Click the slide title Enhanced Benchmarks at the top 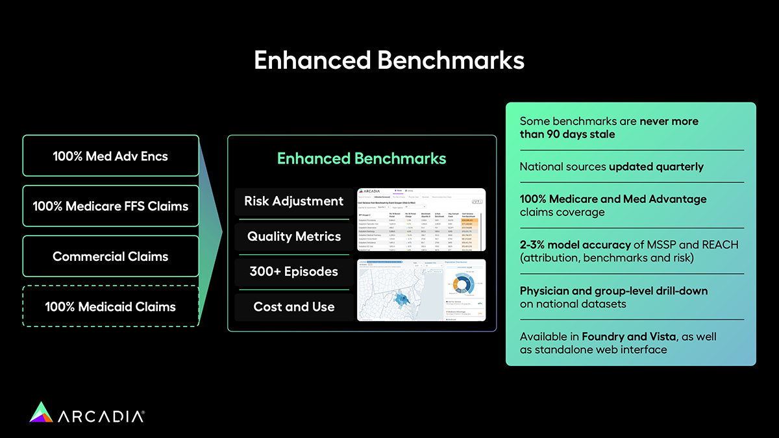tap(389, 60)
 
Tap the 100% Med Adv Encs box tap(110, 156)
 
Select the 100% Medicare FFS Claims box tap(110, 206)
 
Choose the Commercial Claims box tap(110, 256)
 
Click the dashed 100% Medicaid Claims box tap(110, 306)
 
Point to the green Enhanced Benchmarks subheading tap(362, 159)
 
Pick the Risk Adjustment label tap(293, 201)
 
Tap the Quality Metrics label tap(293, 237)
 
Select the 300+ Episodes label tap(293, 272)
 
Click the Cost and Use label tap(293, 307)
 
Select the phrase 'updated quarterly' tap(656, 167)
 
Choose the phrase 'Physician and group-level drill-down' tap(613, 291)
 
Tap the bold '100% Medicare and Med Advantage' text tap(613, 199)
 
